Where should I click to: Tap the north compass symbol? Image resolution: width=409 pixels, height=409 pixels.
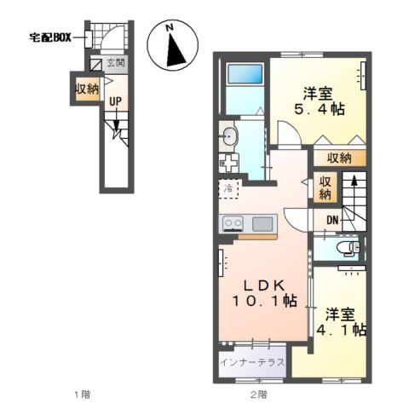point(173,47)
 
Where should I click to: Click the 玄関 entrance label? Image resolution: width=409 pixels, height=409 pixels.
point(116,64)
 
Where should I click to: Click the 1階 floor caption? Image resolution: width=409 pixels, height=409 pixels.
point(80,394)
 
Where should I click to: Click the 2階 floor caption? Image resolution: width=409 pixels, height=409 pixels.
point(258,394)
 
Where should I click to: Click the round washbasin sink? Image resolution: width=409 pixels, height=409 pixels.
point(228,135)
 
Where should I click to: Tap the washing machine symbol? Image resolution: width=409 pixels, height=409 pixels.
point(228,161)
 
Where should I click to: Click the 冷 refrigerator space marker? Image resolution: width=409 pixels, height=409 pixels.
point(228,188)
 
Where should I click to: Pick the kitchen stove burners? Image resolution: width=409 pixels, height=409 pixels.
point(233,224)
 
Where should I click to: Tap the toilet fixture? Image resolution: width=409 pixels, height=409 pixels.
point(346,248)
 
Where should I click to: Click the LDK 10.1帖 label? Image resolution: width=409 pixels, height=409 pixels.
point(264,293)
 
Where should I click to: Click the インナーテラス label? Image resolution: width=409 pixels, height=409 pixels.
point(252,362)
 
